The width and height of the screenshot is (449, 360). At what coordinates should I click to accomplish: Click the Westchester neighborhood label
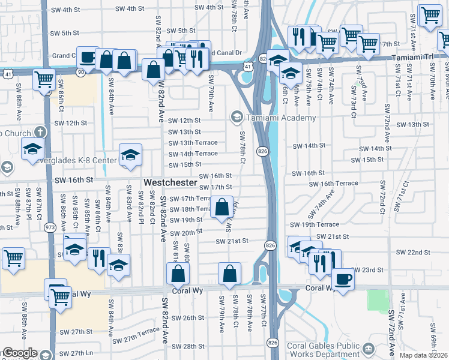[x=170, y=182]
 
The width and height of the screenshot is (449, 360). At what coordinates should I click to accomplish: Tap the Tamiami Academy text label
[x=280, y=118]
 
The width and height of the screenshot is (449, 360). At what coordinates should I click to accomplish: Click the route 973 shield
[x=50, y=228]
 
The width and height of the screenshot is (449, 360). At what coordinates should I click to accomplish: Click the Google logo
[x=19, y=353]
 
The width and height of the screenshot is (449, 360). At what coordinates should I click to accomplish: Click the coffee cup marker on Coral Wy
[x=343, y=279]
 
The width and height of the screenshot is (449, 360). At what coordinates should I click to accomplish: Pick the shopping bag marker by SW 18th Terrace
[x=221, y=208]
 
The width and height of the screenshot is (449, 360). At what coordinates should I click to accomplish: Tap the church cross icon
[x=40, y=131]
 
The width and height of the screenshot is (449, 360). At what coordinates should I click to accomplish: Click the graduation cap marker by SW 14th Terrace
[x=130, y=155]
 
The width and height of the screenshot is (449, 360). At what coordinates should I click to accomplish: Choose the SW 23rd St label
[x=367, y=270]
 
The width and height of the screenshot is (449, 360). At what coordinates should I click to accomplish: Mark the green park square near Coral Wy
[x=378, y=299]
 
